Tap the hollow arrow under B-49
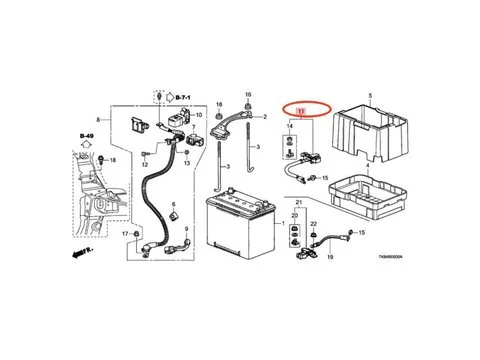point(86,144)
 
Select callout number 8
point(98,118)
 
